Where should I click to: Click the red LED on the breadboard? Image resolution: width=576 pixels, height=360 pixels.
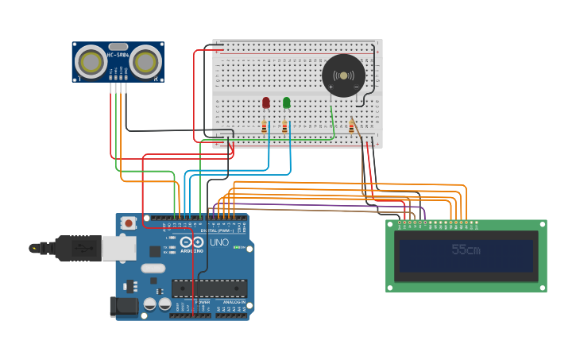click(265, 103)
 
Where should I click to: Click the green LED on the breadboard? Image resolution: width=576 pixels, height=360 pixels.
click(286, 102)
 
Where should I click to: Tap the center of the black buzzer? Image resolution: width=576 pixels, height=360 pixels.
click(343, 75)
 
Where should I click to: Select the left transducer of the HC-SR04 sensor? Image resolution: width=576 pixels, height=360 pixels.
click(92, 61)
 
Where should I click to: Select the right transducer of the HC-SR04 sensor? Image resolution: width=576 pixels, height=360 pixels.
click(145, 61)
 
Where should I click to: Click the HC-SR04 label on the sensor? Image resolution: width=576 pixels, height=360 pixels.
click(118, 55)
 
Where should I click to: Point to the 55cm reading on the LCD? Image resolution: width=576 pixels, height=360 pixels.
click(466, 250)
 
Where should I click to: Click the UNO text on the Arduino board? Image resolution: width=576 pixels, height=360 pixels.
click(218, 242)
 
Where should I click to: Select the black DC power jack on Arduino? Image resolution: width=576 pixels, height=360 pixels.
click(122, 306)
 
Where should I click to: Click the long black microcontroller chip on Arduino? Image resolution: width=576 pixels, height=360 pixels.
click(209, 288)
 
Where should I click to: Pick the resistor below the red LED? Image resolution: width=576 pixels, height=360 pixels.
click(265, 126)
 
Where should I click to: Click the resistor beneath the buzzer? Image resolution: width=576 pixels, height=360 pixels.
click(351, 126)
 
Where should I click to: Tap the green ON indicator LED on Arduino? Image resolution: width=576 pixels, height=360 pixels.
click(237, 248)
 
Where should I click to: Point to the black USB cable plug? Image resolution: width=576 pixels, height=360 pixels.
click(75, 248)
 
